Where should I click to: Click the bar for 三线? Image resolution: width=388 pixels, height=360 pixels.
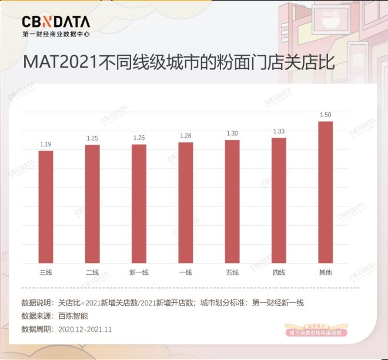[46, 207]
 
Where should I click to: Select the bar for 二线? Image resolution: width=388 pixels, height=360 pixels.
[92, 204]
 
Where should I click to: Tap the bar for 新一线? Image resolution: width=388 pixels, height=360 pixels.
[139, 204]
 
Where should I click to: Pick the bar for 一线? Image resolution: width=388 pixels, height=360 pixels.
[186, 202]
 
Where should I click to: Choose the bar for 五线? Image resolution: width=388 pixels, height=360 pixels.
[232, 201]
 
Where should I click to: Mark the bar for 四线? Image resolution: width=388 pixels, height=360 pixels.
[279, 200]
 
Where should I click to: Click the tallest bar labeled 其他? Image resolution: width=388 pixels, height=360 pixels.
[326, 192]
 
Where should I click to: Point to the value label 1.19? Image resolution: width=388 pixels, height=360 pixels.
[46, 144]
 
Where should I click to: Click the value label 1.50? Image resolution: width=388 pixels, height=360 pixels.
[326, 115]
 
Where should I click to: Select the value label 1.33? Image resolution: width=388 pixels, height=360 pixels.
[279, 131]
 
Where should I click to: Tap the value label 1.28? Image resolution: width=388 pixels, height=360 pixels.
[186, 136]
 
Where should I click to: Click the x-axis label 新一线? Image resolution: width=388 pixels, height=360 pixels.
[139, 272]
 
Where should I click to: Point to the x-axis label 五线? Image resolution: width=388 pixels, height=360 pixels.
[232, 272]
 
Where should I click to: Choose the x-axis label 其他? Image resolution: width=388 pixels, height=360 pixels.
[326, 272]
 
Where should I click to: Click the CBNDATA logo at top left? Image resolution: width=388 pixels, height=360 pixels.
[56, 22]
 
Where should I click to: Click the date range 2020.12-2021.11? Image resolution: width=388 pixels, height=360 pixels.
[85, 329]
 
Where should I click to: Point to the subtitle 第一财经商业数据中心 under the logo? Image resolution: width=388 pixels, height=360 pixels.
[56, 34]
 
